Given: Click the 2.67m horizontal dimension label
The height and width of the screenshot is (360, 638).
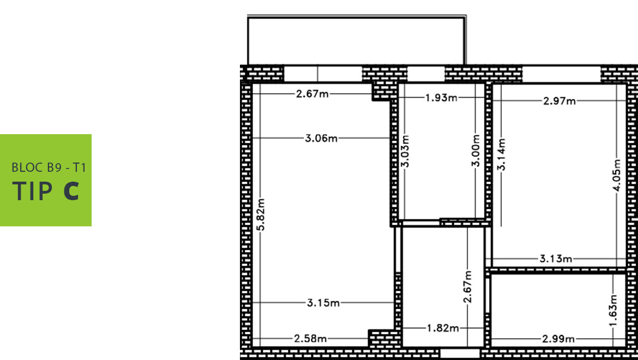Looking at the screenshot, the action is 312,94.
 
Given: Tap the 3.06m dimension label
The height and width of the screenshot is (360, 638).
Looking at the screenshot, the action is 321,139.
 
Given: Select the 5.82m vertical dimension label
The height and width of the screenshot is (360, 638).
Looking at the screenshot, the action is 261,214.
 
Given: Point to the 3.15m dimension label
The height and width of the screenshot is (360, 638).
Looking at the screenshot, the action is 323,303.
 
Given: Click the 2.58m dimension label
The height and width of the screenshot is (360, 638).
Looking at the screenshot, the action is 310,338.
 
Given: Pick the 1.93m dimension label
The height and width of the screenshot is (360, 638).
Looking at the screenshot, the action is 442,98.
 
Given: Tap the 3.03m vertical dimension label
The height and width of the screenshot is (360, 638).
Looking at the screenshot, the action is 406,151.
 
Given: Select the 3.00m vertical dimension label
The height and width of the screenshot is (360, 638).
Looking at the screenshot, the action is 476,151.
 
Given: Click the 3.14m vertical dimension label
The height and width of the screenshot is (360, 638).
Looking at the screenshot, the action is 501,154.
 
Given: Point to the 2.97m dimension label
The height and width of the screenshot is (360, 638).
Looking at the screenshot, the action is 559,101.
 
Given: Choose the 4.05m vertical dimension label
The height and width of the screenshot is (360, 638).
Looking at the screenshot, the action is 617,175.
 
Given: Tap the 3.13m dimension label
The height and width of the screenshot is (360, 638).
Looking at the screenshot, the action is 556,259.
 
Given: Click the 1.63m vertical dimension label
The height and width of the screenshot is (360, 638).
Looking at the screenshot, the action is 613,310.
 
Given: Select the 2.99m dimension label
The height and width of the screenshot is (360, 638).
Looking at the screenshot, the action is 558,339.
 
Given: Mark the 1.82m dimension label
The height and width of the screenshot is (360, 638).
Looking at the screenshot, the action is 443,328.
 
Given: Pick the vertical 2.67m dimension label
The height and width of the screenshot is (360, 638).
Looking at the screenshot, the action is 468,287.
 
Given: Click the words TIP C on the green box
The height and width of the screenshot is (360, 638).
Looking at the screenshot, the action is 46,191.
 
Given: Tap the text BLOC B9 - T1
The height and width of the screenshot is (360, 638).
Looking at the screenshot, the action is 49,167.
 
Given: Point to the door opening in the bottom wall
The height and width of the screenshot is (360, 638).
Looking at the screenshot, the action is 460,353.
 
